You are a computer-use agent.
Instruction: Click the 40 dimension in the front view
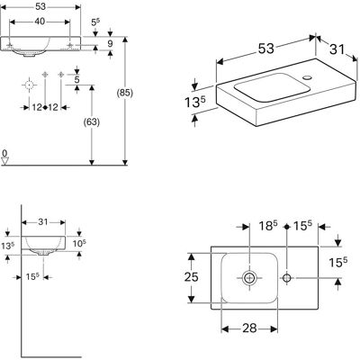pos(40,22)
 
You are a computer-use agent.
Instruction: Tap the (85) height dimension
pos(124,94)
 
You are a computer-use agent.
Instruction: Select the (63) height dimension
pos(92,122)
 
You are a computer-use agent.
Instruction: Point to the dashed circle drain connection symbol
pos(29,85)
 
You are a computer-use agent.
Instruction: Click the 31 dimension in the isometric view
pos(337,49)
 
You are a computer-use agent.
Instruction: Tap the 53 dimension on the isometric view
pos(265,49)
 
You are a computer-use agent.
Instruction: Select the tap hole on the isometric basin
pos(308,77)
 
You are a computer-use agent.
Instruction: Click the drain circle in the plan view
pos(249,278)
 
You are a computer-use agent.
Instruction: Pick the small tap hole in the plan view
pos(287,278)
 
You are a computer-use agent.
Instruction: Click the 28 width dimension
pos(249,328)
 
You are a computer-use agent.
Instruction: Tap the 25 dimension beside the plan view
pos(191,277)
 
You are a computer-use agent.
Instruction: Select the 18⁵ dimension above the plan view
pos(268,226)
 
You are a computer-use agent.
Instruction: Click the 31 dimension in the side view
pos(43,222)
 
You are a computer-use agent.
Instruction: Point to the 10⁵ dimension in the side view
pos(79,243)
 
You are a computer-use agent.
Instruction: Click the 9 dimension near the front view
pos(110,44)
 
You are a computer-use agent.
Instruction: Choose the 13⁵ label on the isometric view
pos(194,103)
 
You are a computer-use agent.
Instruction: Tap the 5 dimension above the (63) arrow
pos(76,80)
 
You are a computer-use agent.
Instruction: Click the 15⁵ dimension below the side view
pos(32,276)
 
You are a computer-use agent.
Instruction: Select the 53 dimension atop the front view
pos(40,6)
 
